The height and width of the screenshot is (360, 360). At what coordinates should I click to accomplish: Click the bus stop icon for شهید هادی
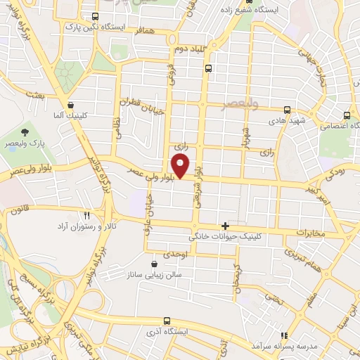point(287,110)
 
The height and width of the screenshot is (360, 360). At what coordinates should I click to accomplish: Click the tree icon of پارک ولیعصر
point(25,131)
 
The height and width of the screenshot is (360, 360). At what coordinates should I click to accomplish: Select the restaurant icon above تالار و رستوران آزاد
point(87,216)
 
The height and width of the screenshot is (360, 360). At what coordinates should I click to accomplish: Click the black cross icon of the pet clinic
point(225,226)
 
